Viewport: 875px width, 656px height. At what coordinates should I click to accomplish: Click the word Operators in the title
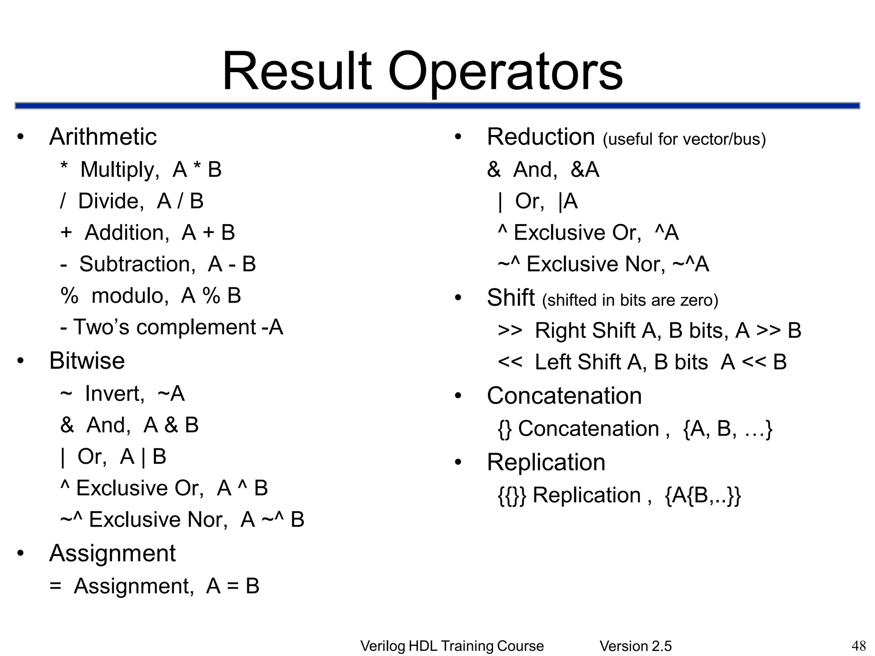[x=505, y=72]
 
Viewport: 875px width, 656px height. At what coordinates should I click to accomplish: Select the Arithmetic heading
[x=103, y=137]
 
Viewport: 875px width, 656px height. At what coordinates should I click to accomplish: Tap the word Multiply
[x=120, y=170]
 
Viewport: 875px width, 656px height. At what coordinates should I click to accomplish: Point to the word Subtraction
[x=137, y=264]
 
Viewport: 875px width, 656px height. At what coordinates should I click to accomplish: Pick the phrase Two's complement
[x=164, y=327]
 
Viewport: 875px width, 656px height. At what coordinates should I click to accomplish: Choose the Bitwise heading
[x=87, y=360]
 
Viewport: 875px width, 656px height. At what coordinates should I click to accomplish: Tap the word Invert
[x=115, y=393]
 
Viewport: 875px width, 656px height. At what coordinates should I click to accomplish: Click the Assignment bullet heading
[x=112, y=553]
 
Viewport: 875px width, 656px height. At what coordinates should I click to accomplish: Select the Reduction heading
[x=540, y=137]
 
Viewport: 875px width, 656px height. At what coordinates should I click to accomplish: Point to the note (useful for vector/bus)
[x=684, y=139]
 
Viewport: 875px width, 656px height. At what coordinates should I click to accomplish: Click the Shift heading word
[x=511, y=298]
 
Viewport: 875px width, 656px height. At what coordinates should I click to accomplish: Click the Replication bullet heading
[x=546, y=462]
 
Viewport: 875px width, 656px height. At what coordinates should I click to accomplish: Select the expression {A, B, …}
[x=728, y=428]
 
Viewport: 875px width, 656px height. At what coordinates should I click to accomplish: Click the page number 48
[x=859, y=645]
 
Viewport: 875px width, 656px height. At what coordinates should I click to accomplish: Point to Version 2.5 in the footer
[x=635, y=646]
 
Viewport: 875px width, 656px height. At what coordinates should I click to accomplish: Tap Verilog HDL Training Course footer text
[x=452, y=646]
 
